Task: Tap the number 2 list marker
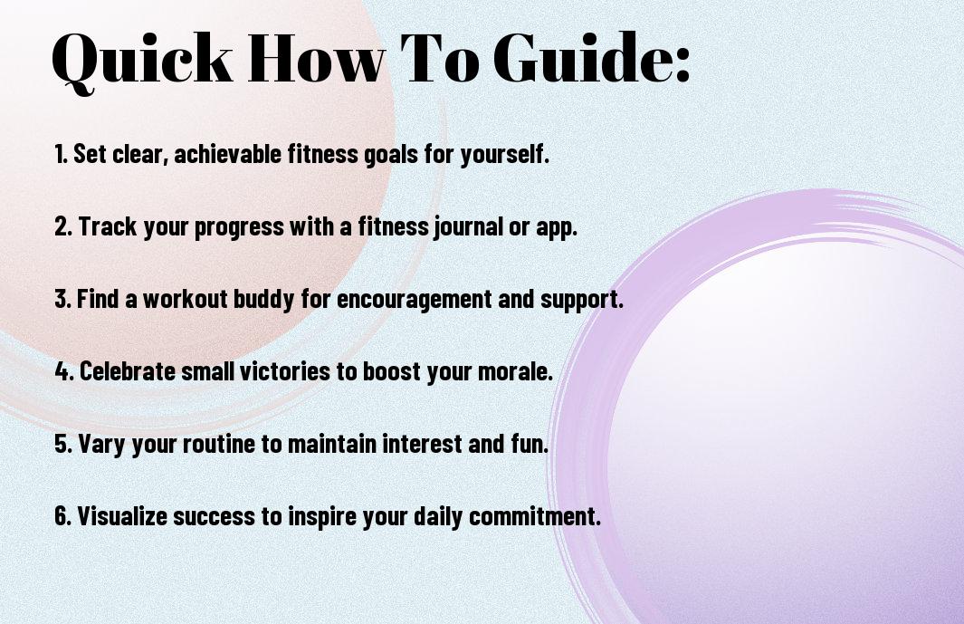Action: [x=62, y=226]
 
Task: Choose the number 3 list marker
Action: [x=62, y=299]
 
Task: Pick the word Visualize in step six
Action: [x=121, y=516]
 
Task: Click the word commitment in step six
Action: [x=534, y=516]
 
